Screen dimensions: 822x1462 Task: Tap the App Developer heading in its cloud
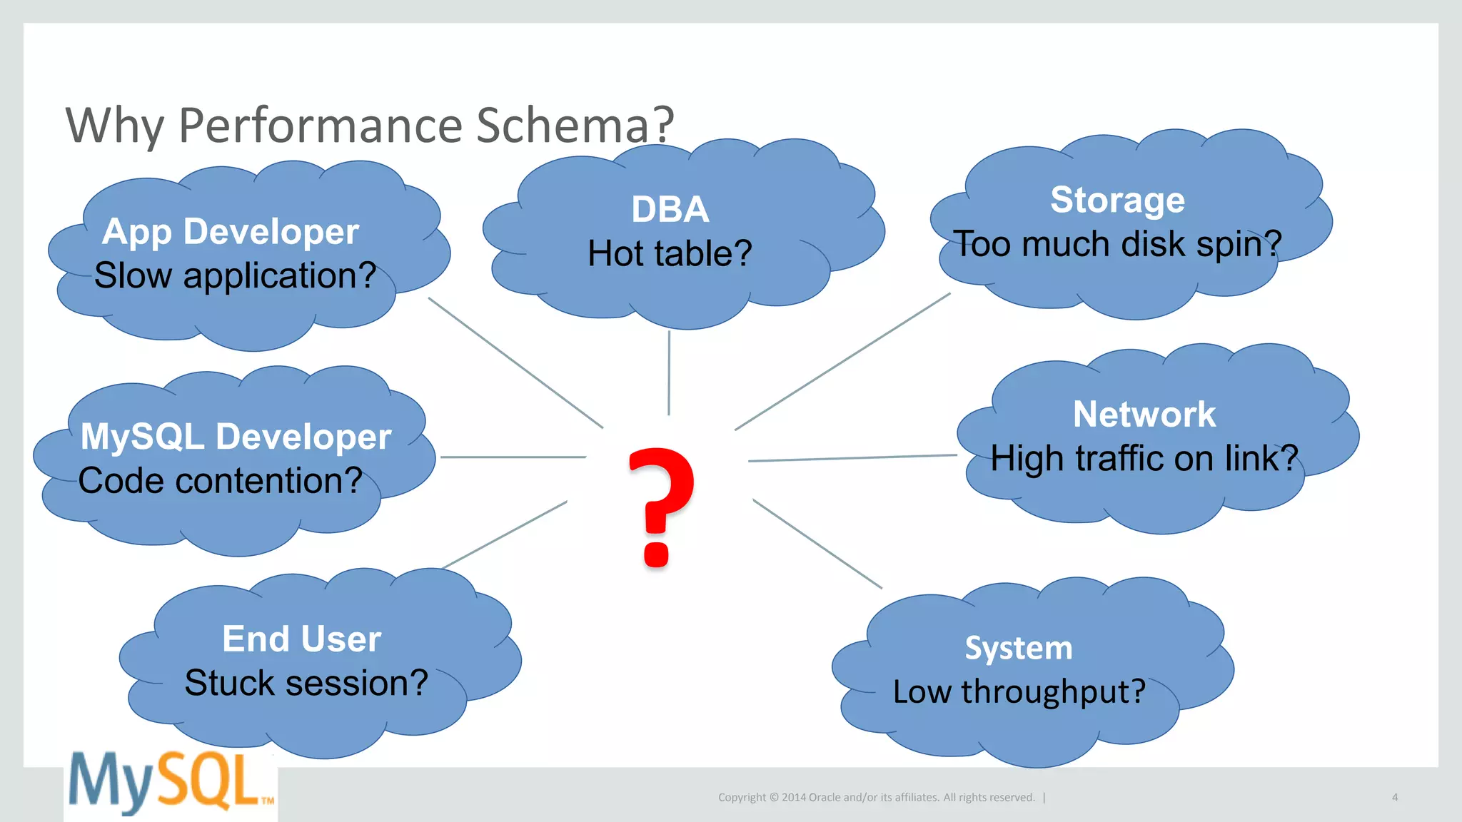231,232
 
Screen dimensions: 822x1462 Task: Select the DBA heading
670,210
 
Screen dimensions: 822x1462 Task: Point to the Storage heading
1117,200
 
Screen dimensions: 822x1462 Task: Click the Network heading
1144,415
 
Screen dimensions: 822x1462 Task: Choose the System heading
1018,648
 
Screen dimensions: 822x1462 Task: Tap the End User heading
301,639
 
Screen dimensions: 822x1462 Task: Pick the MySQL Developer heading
236,437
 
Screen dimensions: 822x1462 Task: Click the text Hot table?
670,253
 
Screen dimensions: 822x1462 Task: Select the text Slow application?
235,275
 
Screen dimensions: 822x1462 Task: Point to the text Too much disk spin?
1117,244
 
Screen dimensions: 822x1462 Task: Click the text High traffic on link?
1144,458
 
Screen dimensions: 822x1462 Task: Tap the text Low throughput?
1019,691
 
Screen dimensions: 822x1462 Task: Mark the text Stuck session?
306,683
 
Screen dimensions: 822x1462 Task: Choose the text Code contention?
220,481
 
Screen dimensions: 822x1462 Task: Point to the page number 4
1394,797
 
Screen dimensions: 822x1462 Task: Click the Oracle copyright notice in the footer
876,797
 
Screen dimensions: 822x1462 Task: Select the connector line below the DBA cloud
669,372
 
